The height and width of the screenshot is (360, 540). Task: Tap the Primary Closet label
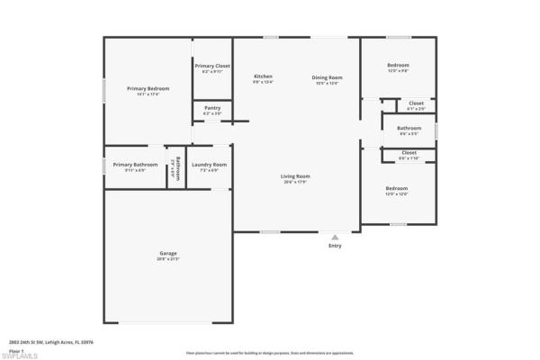click(x=212, y=66)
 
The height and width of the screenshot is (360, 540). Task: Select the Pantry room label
click(x=212, y=108)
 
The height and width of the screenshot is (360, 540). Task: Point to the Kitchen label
click(x=263, y=76)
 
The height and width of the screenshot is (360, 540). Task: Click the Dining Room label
click(x=328, y=76)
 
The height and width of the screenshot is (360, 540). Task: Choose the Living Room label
click(x=295, y=175)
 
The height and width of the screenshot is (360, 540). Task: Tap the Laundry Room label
click(x=209, y=165)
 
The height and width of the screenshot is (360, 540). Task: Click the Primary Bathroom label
click(x=135, y=165)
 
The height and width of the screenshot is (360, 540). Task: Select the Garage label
click(x=168, y=254)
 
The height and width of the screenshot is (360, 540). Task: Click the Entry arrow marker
click(x=335, y=237)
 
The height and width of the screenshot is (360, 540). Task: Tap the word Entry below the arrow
click(x=335, y=246)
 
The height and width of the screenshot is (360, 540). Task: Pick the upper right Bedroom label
click(x=398, y=65)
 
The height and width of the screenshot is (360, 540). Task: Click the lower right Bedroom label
click(x=397, y=188)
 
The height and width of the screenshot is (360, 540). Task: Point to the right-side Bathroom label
click(x=409, y=128)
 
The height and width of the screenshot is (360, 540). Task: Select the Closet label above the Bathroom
click(x=416, y=103)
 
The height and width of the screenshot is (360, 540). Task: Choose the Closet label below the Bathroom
click(x=409, y=152)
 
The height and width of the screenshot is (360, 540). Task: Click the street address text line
click(x=51, y=342)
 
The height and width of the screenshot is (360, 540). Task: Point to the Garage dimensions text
click(x=168, y=259)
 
